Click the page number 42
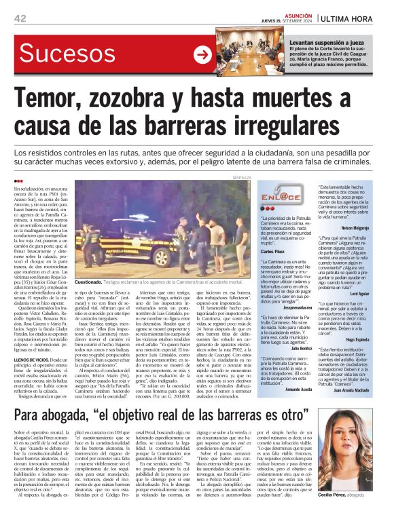tap(19, 18)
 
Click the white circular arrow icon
tap(202, 55)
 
